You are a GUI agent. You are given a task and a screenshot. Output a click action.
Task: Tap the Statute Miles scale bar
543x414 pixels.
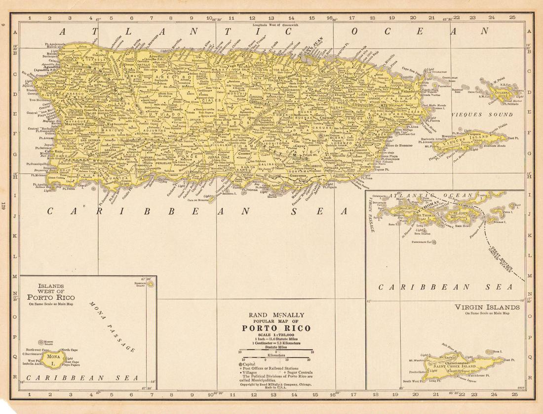(x=276, y=351)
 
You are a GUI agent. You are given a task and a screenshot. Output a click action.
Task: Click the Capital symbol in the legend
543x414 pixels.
(x=240, y=364)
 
